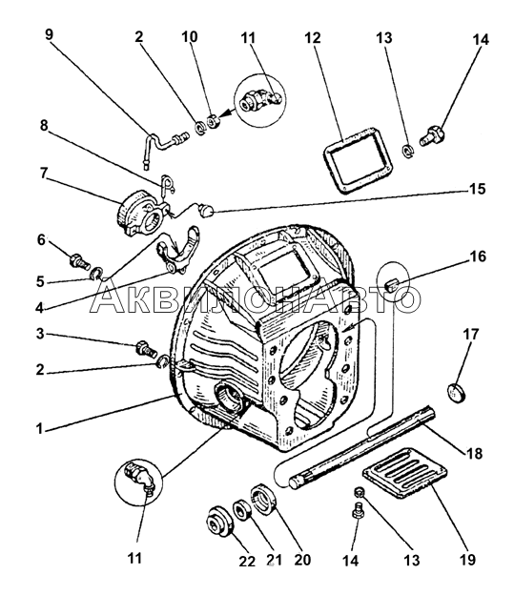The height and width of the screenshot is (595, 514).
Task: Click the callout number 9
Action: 50,34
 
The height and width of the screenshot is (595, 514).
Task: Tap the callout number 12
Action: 313,38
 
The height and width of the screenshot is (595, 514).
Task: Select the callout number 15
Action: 477,189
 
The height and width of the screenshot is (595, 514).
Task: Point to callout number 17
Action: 471,335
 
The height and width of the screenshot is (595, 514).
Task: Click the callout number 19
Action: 467,560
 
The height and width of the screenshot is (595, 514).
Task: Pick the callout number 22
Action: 247,562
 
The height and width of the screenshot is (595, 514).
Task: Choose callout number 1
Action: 39,429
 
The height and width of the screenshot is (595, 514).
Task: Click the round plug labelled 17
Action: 456,392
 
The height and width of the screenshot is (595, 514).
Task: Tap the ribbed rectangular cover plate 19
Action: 404,473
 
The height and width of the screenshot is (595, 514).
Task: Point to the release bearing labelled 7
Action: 141,214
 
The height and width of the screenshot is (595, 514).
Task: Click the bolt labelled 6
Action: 80,262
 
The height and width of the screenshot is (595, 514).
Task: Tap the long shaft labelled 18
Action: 360,446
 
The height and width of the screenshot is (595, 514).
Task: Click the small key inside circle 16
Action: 391,283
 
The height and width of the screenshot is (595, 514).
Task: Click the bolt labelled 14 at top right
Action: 431,136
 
